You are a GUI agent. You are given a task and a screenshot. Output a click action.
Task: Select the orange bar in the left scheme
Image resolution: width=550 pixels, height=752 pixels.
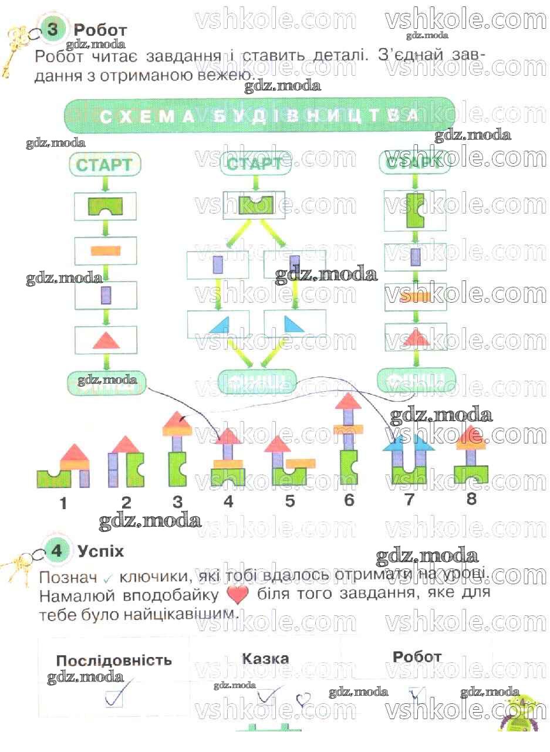(x=106, y=250)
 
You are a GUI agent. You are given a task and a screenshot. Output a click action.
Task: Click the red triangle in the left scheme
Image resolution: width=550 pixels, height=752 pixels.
(x=106, y=340)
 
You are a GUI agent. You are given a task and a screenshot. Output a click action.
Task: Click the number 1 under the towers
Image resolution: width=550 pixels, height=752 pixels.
(x=63, y=503)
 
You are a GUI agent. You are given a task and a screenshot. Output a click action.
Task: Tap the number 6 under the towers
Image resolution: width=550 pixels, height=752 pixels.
(x=349, y=500)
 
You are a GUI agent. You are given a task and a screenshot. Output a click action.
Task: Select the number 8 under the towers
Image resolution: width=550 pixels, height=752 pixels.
(x=471, y=499)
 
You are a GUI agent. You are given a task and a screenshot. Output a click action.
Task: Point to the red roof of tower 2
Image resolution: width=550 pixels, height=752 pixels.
(x=126, y=445)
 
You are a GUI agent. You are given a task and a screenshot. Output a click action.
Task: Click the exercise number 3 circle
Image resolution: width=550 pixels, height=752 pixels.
(x=53, y=29)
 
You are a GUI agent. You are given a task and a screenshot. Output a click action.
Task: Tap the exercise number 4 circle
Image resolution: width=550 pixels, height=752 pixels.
(x=56, y=552)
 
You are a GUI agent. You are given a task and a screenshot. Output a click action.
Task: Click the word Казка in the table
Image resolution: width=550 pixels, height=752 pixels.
(x=265, y=659)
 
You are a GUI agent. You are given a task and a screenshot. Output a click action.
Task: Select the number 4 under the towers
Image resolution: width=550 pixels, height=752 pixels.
(x=228, y=502)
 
